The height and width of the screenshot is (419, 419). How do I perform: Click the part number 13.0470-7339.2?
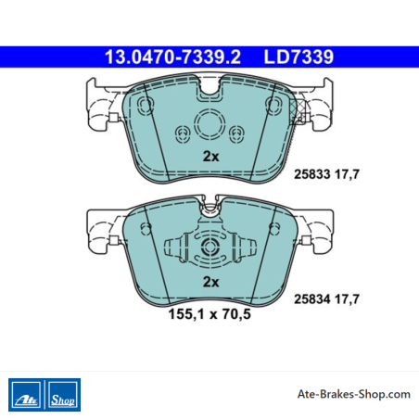tap(172, 57)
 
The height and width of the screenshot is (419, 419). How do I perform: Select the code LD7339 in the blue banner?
tap(298, 57)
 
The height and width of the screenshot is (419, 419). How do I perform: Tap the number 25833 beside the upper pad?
tap(312, 174)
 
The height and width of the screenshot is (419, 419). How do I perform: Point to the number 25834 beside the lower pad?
tap(312, 299)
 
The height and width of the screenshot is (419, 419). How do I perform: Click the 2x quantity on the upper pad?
tap(210, 157)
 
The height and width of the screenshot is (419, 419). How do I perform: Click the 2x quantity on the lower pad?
tap(210, 282)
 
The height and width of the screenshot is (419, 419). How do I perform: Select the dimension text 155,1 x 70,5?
tap(209, 314)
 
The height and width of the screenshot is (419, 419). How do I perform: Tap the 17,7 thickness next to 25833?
tap(348, 174)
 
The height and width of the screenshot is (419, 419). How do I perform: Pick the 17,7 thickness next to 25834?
tap(348, 299)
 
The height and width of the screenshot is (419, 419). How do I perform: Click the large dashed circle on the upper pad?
tap(209, 109)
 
